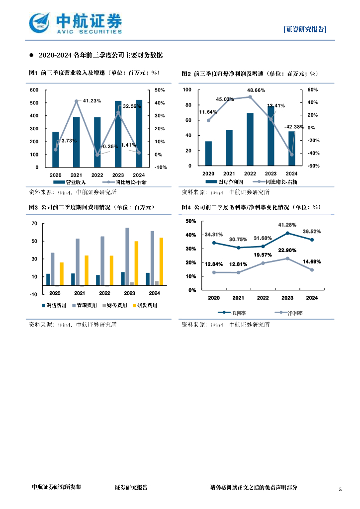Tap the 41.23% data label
click(92, 101)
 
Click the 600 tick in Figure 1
click(34, 90)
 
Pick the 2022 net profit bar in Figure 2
click(250, 139)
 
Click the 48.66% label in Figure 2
click(256, 90)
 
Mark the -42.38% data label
click(294, 127)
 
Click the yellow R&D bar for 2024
click(161, 261)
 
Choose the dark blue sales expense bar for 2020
click(48, 279)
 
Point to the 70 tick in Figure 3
click(34, 224)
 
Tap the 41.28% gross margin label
click(287, 225)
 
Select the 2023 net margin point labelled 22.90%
click(287, 258)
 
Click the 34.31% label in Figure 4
click(214, 234)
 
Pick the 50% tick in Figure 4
click(191, 221)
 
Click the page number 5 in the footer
click(341, 490)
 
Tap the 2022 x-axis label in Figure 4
click(263, 298)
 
